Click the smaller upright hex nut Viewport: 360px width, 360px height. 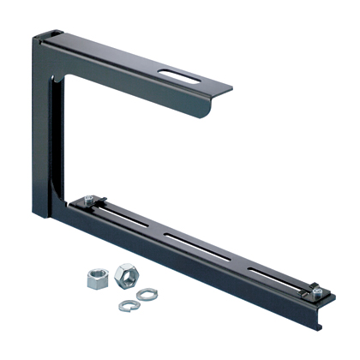[95, 277]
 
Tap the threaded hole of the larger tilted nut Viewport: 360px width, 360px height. [124, 273]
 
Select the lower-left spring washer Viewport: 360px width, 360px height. [126, 303]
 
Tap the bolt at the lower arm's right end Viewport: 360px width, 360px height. [316, 292]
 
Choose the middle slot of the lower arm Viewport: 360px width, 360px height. [191, 243]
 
